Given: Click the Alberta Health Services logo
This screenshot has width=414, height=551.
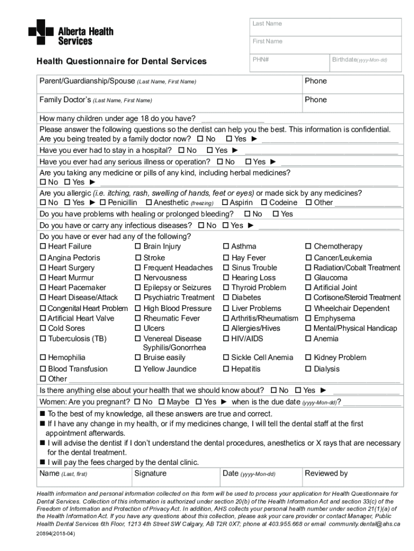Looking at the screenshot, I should (70, 32).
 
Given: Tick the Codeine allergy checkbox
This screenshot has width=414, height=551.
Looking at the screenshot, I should (264, 203).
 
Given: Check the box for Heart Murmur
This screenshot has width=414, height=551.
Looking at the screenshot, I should (43, 278).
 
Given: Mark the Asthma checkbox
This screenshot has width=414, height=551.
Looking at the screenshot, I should (226, 247).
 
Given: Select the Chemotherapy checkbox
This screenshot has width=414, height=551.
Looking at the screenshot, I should (309, 247).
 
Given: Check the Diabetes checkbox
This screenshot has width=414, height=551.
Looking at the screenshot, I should (226, 298).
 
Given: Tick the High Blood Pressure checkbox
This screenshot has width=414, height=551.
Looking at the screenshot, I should (138, 309).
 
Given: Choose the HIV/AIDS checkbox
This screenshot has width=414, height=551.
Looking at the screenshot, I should (226, 339).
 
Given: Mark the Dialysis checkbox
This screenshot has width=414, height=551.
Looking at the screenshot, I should (309, 369).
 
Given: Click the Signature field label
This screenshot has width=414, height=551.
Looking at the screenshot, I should (150, 474).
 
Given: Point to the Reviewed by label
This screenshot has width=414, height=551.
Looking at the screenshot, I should (326, 474).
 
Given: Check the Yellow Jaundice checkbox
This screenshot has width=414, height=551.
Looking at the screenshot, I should (138, 369).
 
